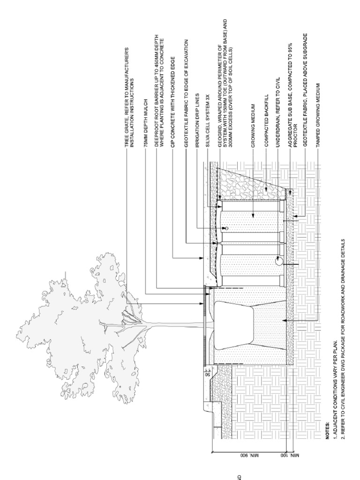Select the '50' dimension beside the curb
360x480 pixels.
pyautogui.click(x=207, y=375)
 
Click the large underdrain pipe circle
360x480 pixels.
pyautogui.click(x=278, y=261)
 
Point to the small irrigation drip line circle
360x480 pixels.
pyautogui.click(x=226, y=228)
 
